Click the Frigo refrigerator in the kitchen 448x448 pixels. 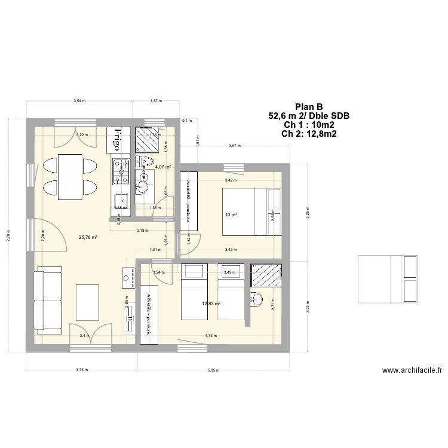(117, 140)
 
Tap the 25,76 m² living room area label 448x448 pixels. (88, 237)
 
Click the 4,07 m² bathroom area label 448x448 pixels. (163, 167)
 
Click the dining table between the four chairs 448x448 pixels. (70, 176)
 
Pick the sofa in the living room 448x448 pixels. (48, 300)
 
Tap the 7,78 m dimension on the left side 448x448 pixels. (9, 236)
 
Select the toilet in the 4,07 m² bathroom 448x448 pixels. (146, 163)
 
